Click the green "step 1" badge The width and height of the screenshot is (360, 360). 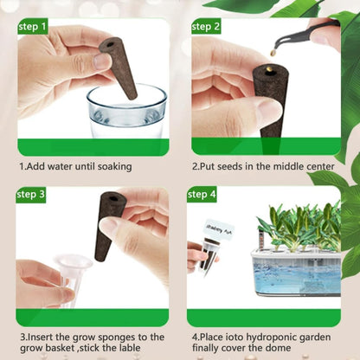point(31,27)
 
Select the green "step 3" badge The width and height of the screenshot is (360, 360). point(31,194)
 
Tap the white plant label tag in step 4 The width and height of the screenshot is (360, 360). point(217,232)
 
